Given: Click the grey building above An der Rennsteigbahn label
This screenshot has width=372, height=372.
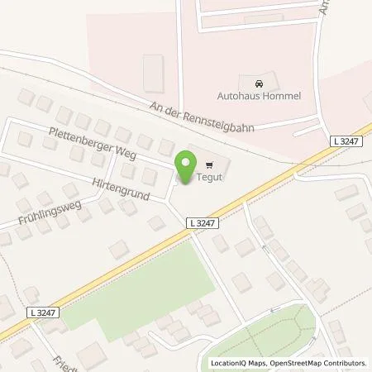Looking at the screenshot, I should click(153, 72).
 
